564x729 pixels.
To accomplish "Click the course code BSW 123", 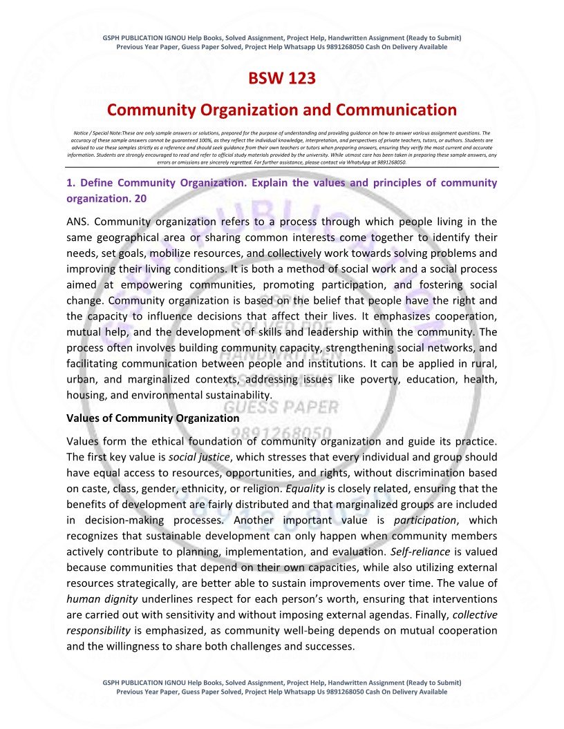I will pyautogui.click(x=282, y=78).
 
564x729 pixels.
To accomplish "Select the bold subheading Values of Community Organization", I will pyautogui.click(x=153, y=418).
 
